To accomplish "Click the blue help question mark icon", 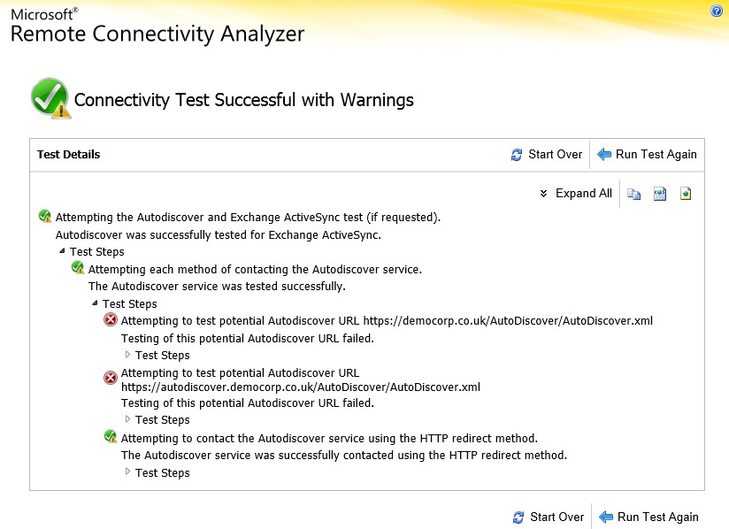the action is coord(717,11).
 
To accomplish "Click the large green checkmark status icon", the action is coord(50,98).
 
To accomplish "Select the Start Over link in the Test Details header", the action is coord(546,154).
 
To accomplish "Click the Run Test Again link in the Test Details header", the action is coord(648,154).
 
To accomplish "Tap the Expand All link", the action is coord(576,194).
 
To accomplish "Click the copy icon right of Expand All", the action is coord(633,194).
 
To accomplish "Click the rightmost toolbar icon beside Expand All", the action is coord(686,194).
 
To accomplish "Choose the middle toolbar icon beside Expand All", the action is coord(660,194).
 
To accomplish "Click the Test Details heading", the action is coord(68,154).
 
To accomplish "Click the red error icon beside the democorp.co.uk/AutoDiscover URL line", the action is coord(111,320).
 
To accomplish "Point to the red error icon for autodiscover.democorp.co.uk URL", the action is coord(111,378).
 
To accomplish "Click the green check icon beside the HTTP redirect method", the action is coord(111,436).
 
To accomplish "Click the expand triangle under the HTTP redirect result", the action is coord(127,471).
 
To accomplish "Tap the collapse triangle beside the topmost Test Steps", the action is coord(62,251).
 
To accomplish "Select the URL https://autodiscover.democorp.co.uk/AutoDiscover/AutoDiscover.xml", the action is coord(301,387).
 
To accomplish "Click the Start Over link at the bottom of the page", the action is coord(549,517).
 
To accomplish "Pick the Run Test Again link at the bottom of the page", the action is coord(649,517).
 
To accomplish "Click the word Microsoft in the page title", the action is coord(42,14).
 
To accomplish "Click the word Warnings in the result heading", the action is coord(377,100).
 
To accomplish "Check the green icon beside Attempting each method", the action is coord(78,268).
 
